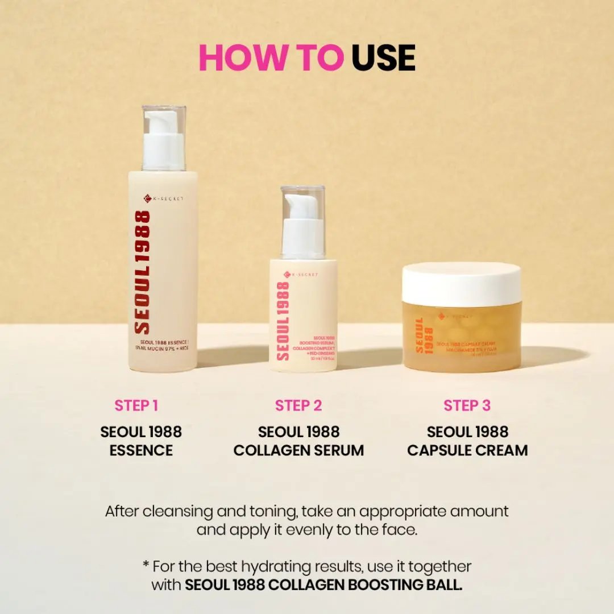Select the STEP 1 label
coord(136,405)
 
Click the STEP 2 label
coord(298,405)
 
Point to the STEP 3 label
coord(467,405)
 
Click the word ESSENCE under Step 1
coord(141,450)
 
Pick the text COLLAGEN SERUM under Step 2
coord(298,450)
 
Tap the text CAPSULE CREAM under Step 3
coord(467,450)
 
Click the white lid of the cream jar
coord(462,284)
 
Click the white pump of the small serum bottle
coord(303,224)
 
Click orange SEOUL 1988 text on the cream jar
coord(424,335)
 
